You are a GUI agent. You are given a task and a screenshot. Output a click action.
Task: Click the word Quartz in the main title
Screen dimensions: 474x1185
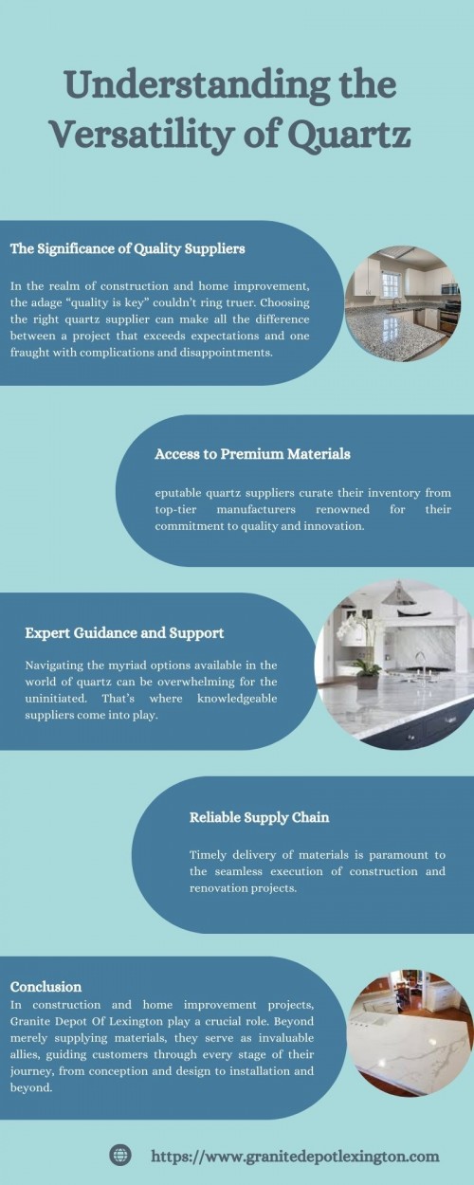point(352,135)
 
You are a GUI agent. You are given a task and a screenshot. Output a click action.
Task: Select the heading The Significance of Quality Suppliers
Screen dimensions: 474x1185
point(127,248)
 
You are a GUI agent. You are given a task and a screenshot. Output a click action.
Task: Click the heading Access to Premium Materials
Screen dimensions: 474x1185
point(252,454)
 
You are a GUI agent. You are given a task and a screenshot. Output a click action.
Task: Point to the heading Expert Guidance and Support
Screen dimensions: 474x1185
point(124,633)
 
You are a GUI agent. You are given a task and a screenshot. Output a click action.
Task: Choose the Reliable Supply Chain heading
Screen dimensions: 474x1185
point(259,817)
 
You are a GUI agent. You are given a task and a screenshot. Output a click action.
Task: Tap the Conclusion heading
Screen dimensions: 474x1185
point(46,987)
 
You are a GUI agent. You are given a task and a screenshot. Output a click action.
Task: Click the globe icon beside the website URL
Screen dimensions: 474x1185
point(119,1155)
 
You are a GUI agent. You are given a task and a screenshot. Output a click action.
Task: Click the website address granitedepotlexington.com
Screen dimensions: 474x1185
point(295,1156)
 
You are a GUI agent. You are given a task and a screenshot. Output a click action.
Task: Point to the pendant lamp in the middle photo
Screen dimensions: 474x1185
point(397,595)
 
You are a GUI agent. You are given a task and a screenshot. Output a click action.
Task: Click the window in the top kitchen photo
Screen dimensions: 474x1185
point(391,284)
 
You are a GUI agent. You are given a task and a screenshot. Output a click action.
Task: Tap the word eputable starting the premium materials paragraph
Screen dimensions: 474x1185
point(178,494)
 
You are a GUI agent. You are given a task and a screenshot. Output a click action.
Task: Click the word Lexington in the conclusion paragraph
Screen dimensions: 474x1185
point(135,1022)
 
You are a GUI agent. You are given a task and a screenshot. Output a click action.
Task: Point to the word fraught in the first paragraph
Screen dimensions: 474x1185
point(27,353)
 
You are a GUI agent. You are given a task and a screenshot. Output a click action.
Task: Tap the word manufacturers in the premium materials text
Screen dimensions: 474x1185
point(256,509)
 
